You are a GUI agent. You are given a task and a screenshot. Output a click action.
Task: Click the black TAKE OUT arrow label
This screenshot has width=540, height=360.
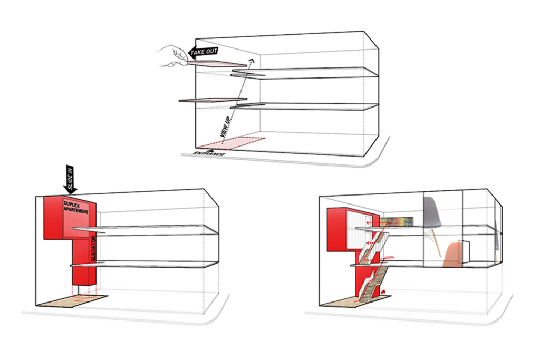coord(204,52)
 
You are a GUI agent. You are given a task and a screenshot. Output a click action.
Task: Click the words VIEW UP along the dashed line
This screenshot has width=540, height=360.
coord(226,127)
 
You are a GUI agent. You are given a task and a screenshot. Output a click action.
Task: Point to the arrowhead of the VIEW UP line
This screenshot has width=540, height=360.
coord(252,61)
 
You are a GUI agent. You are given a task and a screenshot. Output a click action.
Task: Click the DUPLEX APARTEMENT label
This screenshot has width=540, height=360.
coord(76,208)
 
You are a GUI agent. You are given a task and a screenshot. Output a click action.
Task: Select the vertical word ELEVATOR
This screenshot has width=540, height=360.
coord(93,248)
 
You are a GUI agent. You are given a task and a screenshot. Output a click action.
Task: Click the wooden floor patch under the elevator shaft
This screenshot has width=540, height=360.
coord(73,300)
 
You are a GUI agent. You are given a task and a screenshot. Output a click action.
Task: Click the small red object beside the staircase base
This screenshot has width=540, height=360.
coord(383,292)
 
